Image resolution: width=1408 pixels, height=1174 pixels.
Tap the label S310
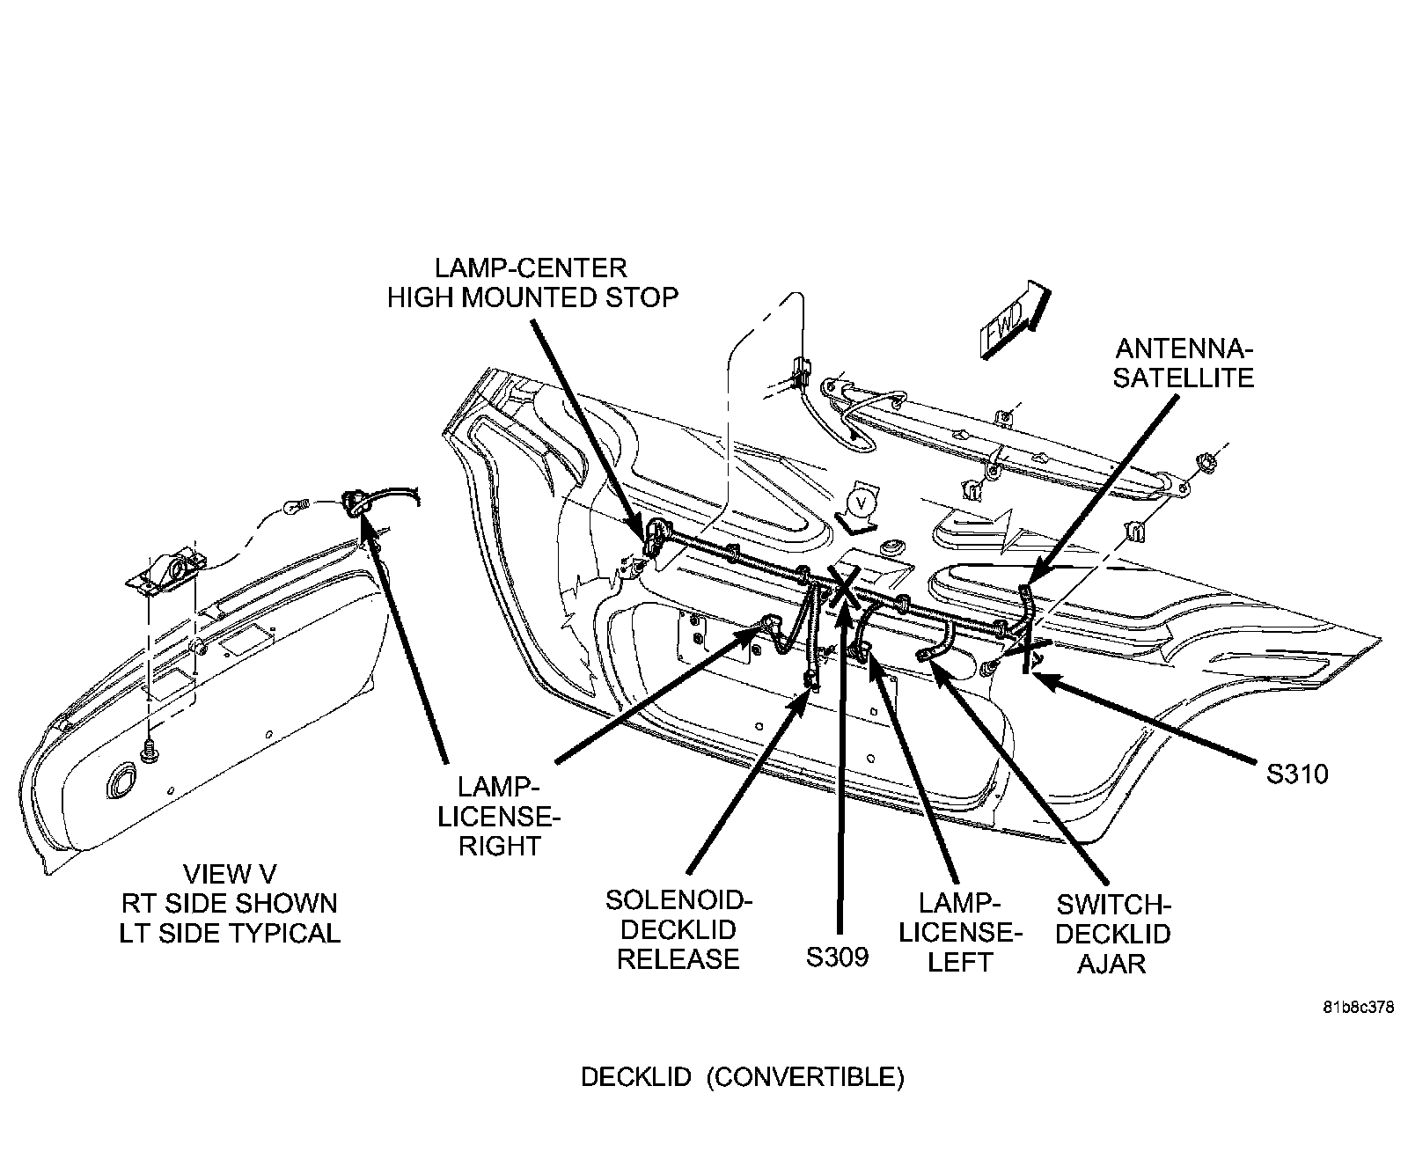coord(1296,774)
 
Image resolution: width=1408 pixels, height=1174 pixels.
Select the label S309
coord(837,957)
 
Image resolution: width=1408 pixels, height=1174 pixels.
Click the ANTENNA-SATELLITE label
coord(1183,363)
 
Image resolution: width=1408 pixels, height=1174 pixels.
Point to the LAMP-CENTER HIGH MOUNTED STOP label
coord(532,282)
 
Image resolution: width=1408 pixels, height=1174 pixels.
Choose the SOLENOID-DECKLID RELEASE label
coord(678,929)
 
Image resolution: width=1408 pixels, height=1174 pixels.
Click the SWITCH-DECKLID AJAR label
coord(1112,934)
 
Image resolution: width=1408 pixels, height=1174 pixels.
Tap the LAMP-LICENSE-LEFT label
coord(959,932)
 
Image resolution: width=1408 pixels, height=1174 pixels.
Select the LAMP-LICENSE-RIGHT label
coord(499,816)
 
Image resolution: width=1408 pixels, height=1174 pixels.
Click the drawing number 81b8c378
coord(1357,1009)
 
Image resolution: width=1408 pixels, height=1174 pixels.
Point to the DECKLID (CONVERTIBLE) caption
coord(742,1077)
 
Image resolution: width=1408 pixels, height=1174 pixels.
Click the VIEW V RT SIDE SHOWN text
coord(230,904)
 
